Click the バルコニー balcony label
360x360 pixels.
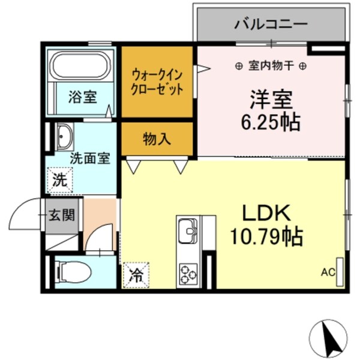[271, 25]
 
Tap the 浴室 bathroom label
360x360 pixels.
[83, 97]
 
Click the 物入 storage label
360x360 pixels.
[157, 139]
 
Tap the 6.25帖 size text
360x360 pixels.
[271, 122]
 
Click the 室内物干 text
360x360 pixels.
[271, 65]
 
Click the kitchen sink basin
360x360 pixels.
[188, 230]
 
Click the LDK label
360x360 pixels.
[266, 214]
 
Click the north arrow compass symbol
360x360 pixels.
[329, 338]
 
